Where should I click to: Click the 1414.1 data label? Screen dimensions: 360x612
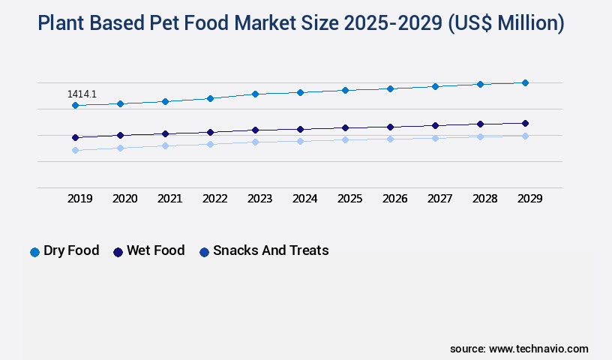click(82, 94)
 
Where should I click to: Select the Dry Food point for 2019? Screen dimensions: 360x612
click(75, 106)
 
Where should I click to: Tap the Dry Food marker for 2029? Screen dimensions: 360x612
click(525, 82)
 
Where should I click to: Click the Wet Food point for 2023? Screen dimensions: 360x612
click(255, 130)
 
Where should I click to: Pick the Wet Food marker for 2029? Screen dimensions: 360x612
click(525, 123)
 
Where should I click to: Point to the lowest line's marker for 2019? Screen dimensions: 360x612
click(75, 150)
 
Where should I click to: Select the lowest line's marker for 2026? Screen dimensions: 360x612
click(390, 139)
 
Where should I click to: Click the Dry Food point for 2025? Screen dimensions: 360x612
click(345, 90)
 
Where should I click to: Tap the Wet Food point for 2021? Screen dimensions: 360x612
click(165, 133)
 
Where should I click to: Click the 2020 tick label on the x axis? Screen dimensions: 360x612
click(124, 199)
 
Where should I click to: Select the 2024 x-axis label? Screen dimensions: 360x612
click(304, 199)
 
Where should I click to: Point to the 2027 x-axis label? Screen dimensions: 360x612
click(439, 199)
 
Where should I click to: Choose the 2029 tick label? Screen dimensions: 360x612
click(529, 199)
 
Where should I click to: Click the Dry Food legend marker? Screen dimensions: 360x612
click(34, 252)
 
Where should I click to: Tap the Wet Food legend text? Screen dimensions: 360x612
click(155, 250)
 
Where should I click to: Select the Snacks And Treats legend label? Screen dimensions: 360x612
click(271, 250)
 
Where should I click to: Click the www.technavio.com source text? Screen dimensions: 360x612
click(538, 349)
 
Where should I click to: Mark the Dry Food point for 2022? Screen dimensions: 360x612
click(210, 98)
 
